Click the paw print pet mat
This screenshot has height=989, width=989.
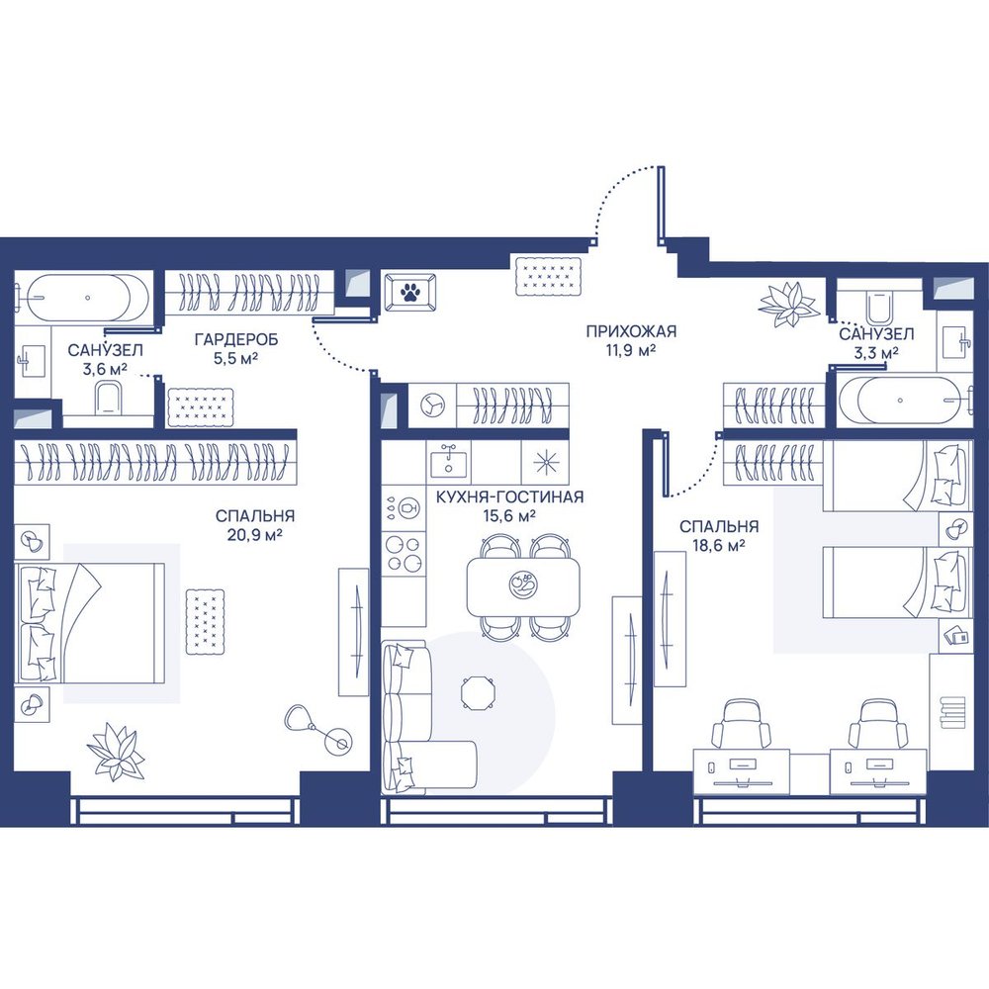410,292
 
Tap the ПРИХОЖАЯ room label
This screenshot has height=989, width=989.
631,331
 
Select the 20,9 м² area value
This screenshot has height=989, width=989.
254,535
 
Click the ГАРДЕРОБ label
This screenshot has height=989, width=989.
236,340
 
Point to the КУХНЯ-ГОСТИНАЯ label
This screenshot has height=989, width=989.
509,497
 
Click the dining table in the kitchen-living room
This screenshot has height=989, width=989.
523,587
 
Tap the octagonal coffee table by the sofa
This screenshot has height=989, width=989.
478,693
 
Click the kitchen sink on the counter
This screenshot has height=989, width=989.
448,459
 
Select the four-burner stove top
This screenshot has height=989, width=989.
404,552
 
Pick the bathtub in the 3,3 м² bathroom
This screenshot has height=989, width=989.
901,401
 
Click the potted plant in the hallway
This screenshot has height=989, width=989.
786,305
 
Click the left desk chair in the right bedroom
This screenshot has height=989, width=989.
742,724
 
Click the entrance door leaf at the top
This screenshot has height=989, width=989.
661,206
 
